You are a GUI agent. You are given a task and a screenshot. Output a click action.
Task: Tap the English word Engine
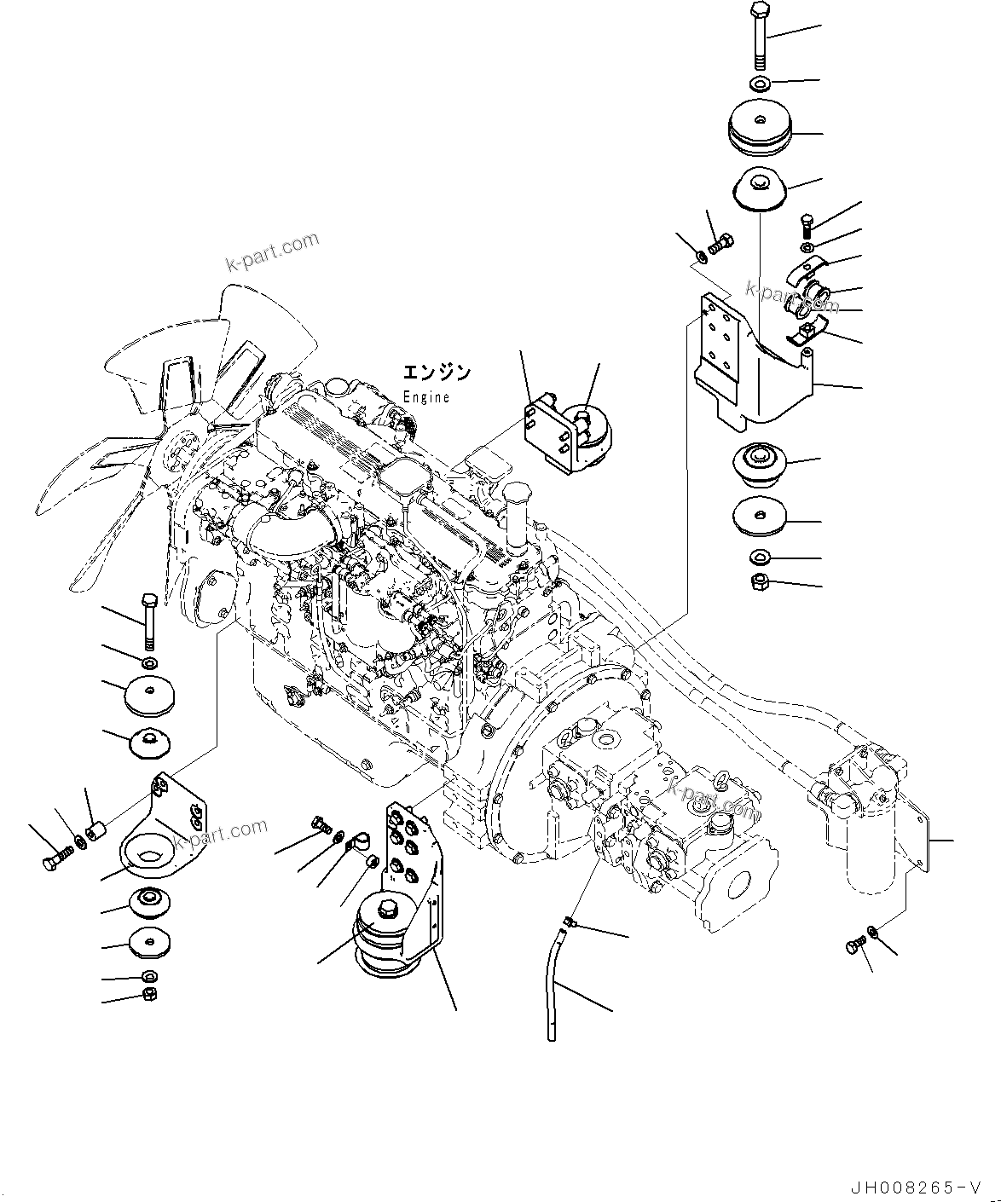coord(425,397)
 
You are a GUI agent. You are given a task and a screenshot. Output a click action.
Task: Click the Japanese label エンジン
coord(436,373)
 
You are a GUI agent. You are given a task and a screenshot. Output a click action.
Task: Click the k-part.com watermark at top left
coord(272,252)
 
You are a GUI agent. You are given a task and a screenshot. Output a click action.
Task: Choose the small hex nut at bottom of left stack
coord(150,995)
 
